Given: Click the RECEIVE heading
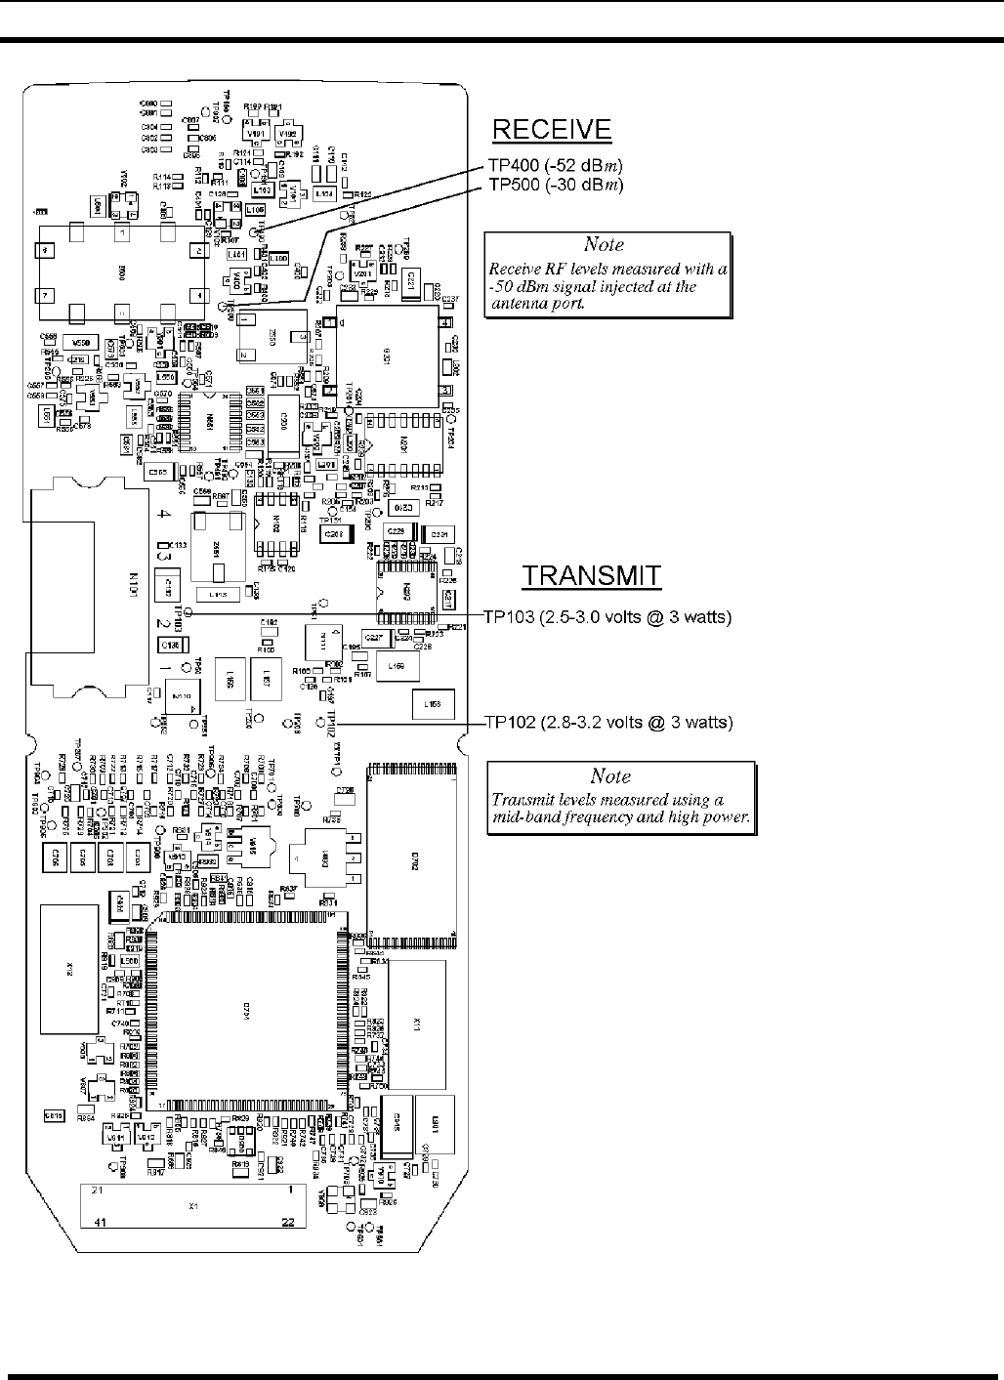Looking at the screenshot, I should [x=552, y=130].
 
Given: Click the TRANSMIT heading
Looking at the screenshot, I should [x=592, y=576].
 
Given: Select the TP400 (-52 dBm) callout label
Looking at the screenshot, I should [x=556, y=165].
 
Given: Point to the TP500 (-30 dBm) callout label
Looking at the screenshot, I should [x=556, y=184].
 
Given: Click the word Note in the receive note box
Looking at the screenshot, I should [x=604, y=245].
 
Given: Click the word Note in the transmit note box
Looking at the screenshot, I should [x=611, y=777].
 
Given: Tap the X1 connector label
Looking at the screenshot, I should [x=193, y=1207].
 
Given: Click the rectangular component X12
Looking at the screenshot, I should [x=69, y=969].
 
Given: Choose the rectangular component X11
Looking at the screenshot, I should [x=417, y=1025].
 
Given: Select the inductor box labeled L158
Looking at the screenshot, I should [x=433, y=702].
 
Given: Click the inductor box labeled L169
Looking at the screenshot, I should [x=397, y=666].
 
